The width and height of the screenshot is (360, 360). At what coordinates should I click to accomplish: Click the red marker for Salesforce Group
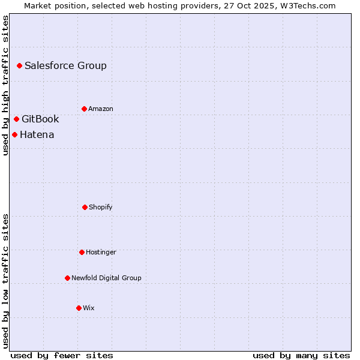[x=19, y=65]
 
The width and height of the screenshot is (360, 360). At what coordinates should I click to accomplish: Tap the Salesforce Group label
[x=65, y=66]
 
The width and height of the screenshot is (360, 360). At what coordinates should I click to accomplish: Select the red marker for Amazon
[x=84, y=109]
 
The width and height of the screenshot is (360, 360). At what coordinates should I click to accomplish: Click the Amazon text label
[x=101, y=109]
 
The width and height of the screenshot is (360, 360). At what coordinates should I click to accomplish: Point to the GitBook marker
[x=16, y=119]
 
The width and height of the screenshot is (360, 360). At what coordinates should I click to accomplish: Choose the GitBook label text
[x=40, y=119]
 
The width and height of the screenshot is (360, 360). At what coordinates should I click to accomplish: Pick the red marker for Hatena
[x=14, y=134]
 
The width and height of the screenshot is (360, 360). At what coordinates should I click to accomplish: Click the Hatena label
[x=37, y=135]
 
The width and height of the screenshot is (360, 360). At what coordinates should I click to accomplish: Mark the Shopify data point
[x=85, y=207]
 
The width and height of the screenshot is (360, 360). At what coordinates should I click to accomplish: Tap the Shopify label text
[x=101, y=208]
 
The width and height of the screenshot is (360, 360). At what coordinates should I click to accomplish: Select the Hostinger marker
[x=82, y=252]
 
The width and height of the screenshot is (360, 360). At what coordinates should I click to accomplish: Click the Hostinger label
[x=101, y=253]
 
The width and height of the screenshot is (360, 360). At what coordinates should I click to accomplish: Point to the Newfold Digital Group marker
[x=67, y=278]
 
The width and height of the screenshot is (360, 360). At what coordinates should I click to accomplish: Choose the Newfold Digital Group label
[x=106, y=278]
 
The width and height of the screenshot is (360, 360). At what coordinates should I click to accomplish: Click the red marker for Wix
[x=79, y=308]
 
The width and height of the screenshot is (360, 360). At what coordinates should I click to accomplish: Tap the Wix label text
[x=89, y=308]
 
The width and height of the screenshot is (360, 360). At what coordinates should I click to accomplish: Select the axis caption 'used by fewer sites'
[x=62, y=355]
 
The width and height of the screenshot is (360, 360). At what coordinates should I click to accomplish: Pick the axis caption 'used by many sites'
[x=301, y=355]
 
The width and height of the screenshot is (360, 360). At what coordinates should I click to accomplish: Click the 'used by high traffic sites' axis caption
[x=6, y=85]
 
